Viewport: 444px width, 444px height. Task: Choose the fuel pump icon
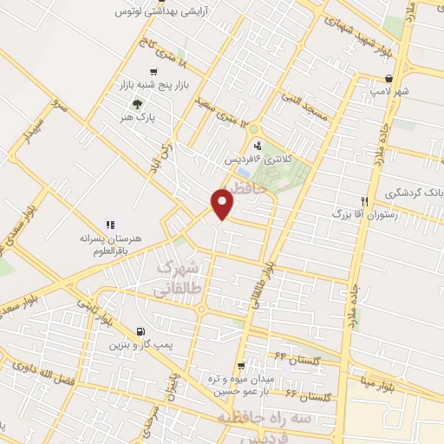coord(140,331)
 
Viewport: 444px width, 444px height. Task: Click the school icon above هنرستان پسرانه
coord(110,223)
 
